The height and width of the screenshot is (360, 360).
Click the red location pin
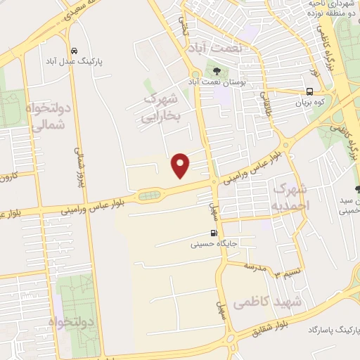[181, 165]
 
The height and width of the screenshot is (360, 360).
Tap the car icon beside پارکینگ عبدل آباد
[74, 51]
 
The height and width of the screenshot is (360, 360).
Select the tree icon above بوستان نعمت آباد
[216, 70]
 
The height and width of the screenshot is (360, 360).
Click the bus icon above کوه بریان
[310, 91]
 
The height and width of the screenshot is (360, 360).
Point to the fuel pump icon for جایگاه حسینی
[212, 233]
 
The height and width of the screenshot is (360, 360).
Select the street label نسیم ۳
[290, 271]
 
